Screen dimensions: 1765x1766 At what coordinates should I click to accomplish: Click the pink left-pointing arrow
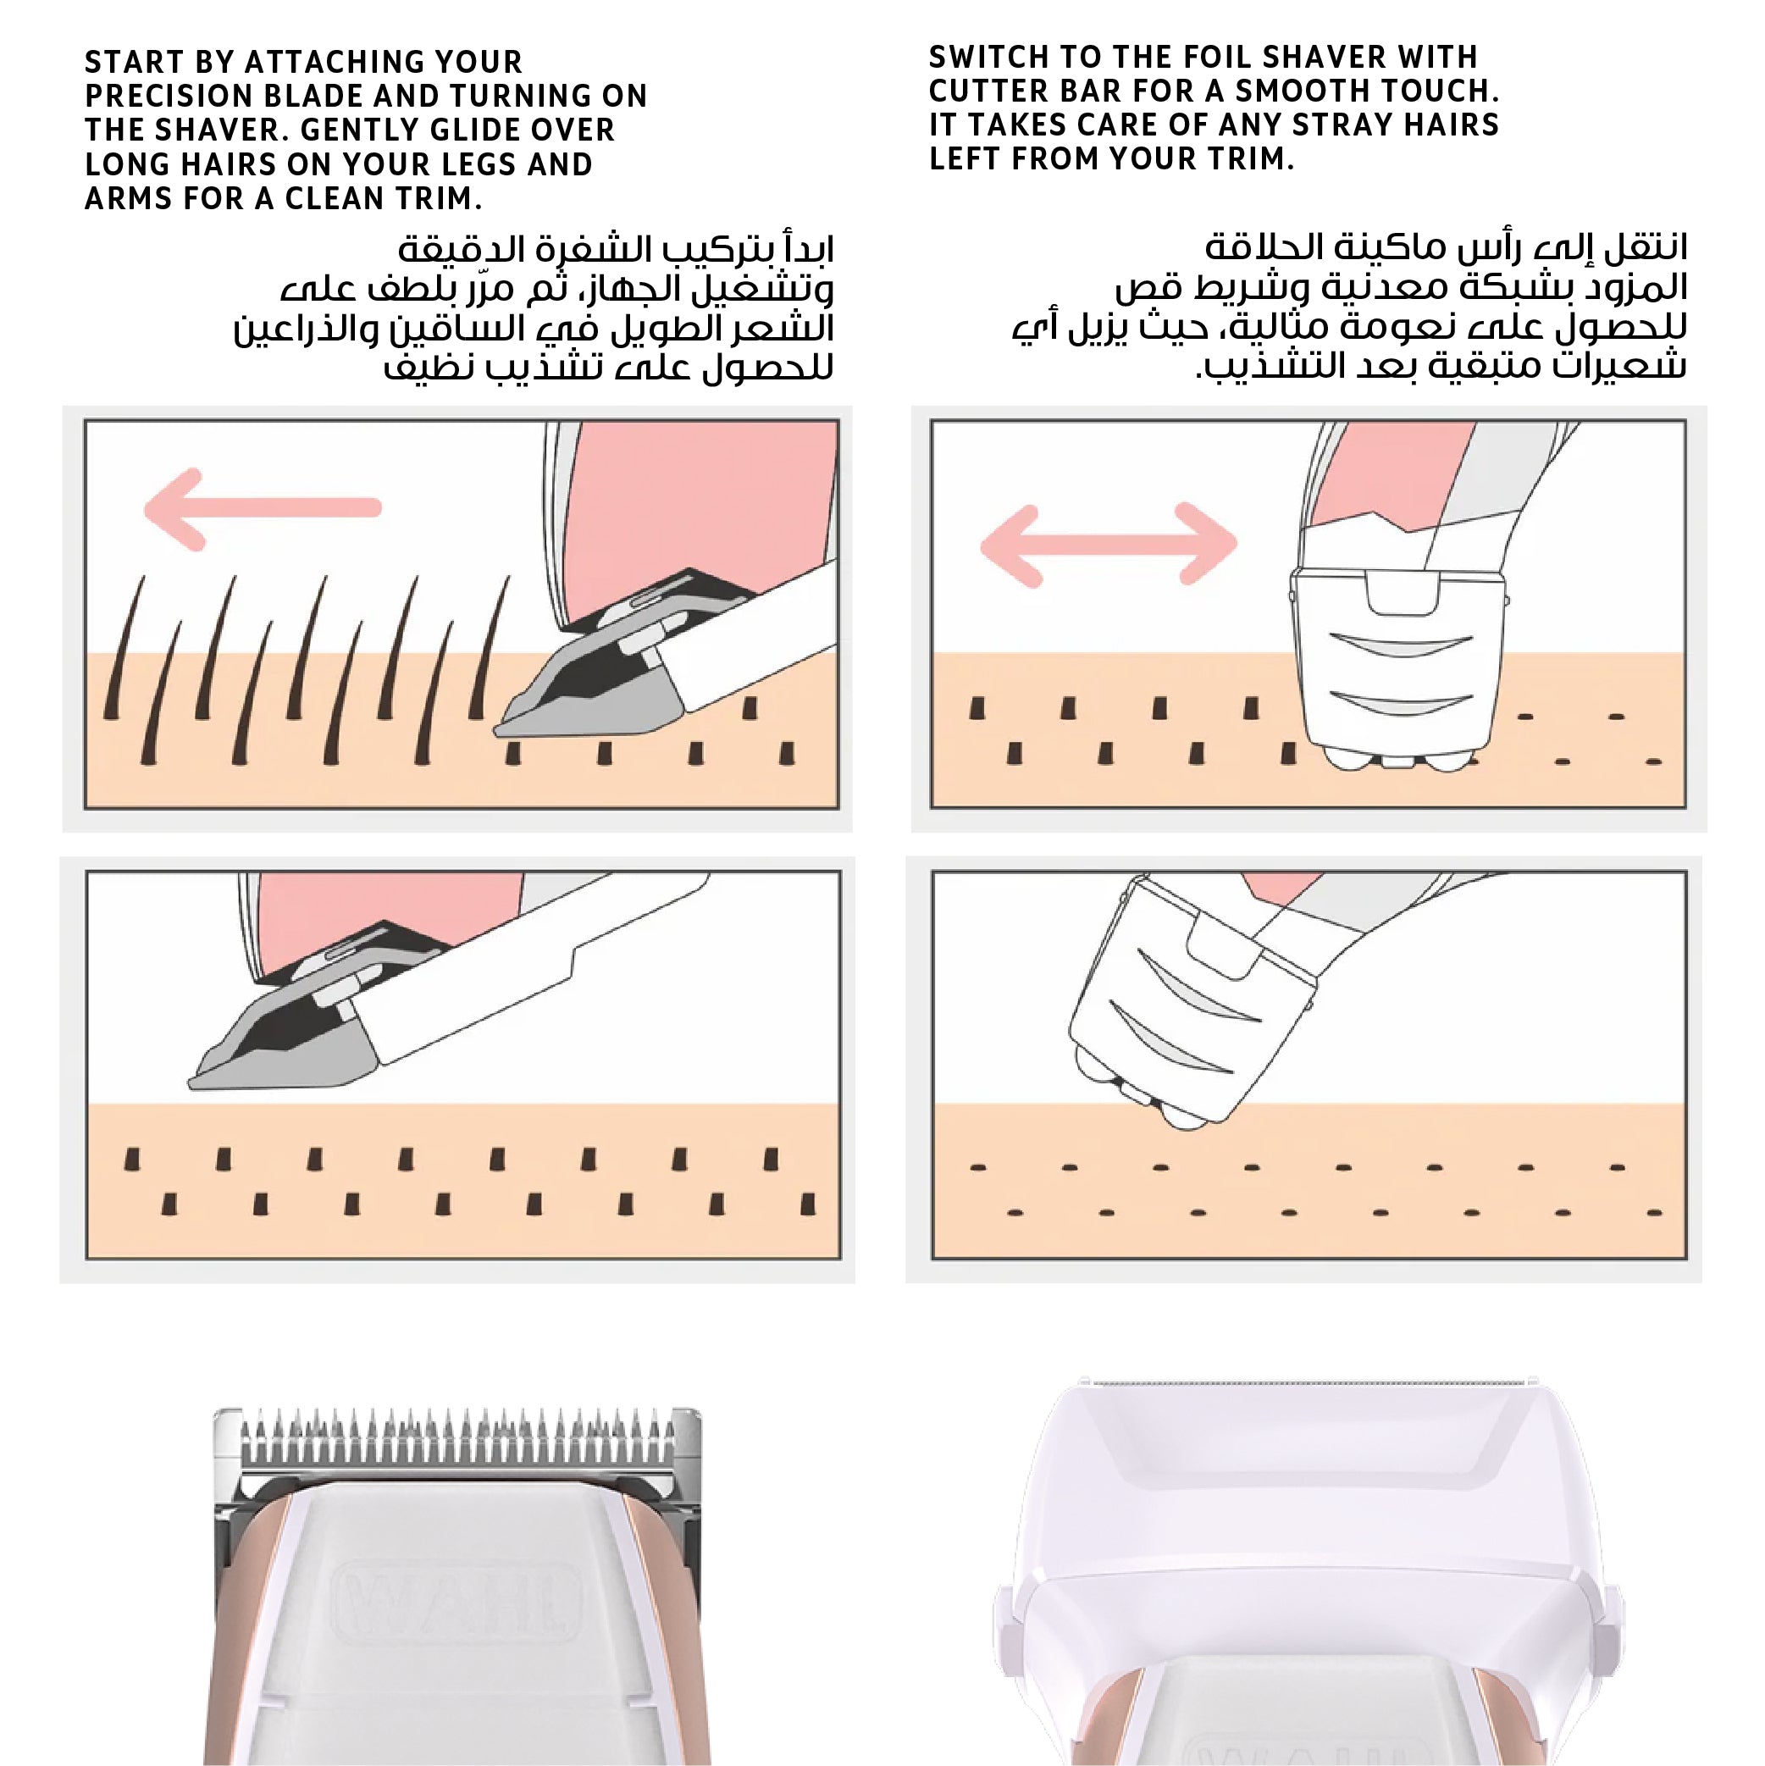pyautogui.click(x=263, y=508)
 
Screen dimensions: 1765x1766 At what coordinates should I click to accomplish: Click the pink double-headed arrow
pyautogui.click(x=1108, y=545)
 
